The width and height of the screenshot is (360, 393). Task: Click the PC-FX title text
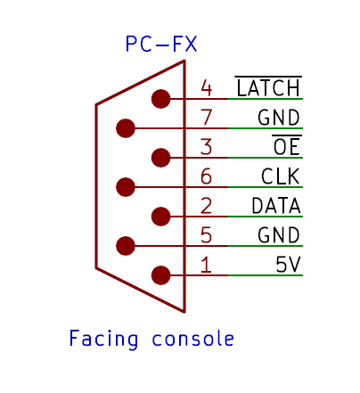tap(161, 44)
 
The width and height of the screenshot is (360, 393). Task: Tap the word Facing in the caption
tap(103, 339)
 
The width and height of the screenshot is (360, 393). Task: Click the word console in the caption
tap(193, 338)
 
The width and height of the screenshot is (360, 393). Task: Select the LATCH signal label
tap(268, 86)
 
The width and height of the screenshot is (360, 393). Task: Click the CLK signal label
tap(280, 176)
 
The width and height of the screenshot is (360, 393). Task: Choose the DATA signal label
tap(276, 206)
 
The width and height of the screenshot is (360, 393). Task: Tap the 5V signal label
tap(288, 265)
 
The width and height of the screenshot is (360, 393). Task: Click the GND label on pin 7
tap(279, 118)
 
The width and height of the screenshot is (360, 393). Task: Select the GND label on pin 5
tap(279, 235)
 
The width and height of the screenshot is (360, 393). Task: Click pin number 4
tap(207, 88)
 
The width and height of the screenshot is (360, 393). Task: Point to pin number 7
tap(207, 118)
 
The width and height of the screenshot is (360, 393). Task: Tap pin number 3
tap(207, 147)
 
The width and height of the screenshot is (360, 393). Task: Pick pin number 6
tap(207, 176)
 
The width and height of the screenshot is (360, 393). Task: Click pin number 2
tap(207, 206)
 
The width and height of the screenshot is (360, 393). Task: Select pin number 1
tap(207, 265)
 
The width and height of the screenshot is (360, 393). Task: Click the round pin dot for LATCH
tap(161, 99)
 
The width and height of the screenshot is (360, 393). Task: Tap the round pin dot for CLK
tap(126, 187)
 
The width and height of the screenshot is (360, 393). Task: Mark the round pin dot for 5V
tap(161, 275)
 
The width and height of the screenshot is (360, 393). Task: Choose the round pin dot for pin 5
tap(126, 246)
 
